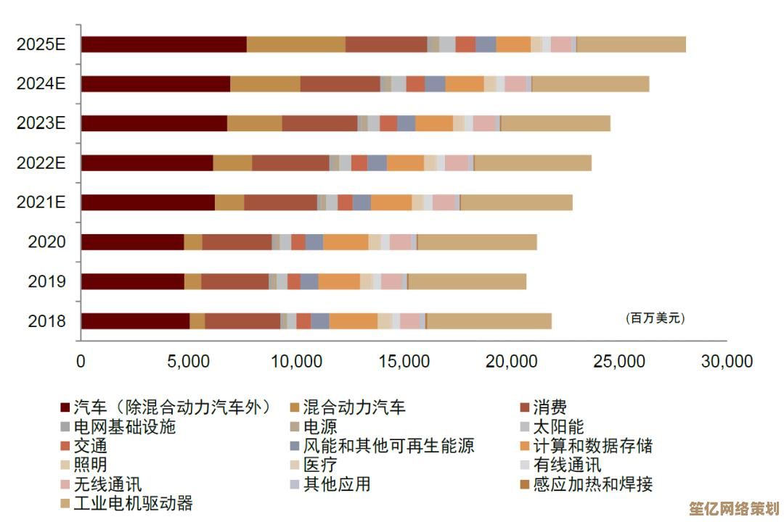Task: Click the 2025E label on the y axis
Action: (41, 44)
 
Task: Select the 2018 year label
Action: (47, 320)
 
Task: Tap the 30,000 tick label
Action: (727, 360)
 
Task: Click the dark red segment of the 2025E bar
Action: (163, 44)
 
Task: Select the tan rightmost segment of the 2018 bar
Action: (489, 320)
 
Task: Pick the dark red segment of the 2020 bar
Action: (132, 242)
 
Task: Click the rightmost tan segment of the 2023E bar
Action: (555, 123)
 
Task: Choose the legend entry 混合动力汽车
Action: (354, 407)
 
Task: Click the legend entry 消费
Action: (550, 407)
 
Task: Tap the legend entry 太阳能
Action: (558, 426)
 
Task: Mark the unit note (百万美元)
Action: (655, 318)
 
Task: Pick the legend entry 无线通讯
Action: (107, 484)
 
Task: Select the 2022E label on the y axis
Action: (41, 162)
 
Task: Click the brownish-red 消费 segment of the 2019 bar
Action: (234, 281)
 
